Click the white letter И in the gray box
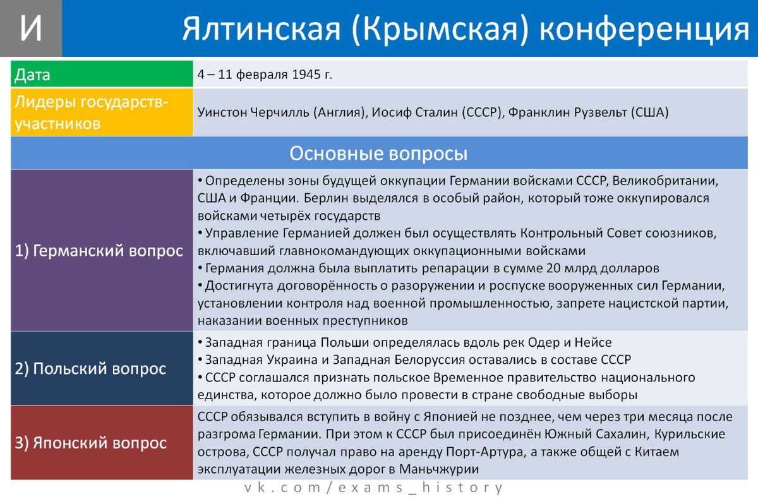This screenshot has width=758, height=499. [31, 27]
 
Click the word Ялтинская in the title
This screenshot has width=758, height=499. [261, 29]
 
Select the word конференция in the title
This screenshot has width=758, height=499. [644, 30]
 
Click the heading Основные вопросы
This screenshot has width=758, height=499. [378, 153]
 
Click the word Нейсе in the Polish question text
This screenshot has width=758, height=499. [593, 342]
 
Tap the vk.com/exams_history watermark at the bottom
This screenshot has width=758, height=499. [373, 488]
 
